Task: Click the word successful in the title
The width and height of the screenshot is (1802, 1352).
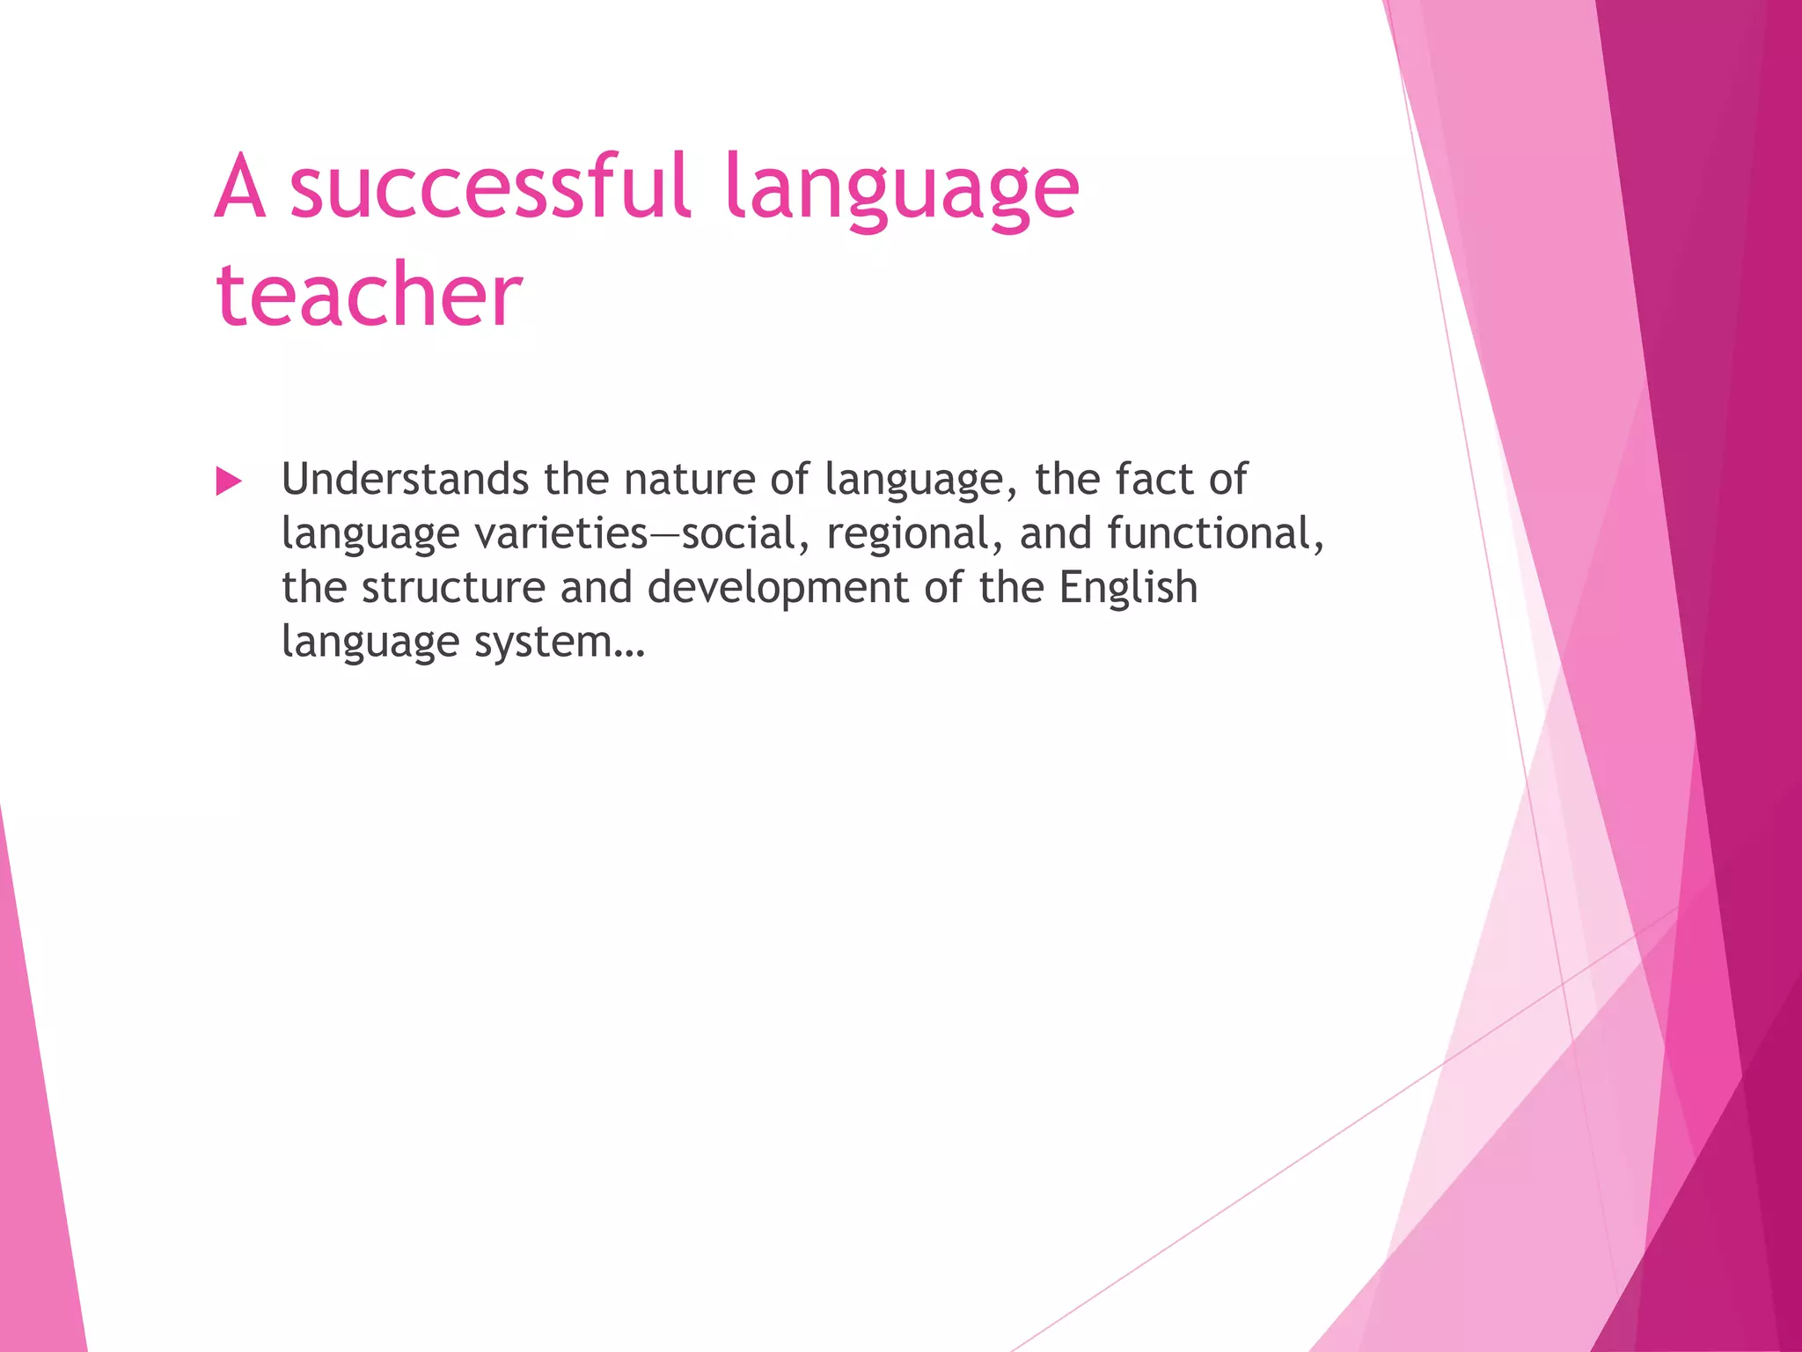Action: click(489, 187)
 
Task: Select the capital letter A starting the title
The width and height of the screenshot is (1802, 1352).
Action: click(239, 187)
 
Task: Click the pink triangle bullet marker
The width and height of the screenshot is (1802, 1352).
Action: click(228, 481)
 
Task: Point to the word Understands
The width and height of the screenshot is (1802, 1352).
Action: click(405, 480)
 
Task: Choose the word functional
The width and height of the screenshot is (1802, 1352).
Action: click(1214, 534)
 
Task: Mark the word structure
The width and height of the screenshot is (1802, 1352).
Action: click(453, 588)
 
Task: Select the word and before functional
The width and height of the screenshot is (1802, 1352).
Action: click(1055, 534)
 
